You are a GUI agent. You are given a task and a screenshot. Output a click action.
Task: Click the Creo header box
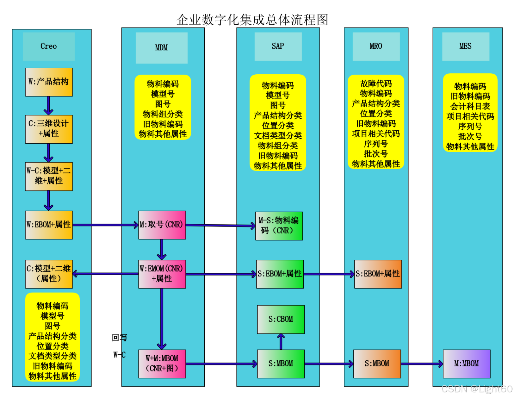tap(49, 46)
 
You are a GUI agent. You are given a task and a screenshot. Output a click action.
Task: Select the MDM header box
tap(162, 48)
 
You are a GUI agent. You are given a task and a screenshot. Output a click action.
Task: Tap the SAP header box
tap(278, 46)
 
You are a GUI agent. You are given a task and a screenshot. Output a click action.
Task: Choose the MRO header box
tap(376, 46)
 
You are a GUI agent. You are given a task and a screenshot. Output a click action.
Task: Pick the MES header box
tap(465, 46)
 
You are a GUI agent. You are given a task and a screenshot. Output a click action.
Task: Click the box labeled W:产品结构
tap(49, 82)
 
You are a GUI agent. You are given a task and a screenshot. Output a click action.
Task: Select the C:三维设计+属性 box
tap(49, 129)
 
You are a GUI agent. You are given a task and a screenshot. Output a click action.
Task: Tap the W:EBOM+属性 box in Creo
tap(49, 225)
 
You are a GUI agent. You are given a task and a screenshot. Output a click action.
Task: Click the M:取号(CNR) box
tap(162, 225)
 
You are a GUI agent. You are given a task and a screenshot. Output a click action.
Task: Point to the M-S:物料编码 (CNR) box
tap(279, 226)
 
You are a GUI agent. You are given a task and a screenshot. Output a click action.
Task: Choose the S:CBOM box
tap(281, 319)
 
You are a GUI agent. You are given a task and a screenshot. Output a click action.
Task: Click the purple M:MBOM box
tap(466, 364)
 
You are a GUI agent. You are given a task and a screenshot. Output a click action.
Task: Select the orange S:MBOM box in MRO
tap(377, 364)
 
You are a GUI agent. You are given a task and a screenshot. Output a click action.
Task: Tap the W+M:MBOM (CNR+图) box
tap(162, 364)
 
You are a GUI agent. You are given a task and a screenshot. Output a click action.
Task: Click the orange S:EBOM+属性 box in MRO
tap(378, 274)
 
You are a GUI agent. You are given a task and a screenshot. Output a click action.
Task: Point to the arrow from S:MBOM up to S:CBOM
tap(281, 342)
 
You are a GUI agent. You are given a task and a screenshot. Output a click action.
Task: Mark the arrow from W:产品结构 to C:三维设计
tap(49, 106)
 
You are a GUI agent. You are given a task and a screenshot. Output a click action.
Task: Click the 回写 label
tap(120, 338)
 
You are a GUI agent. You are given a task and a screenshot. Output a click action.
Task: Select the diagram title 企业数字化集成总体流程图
tap(252, 20)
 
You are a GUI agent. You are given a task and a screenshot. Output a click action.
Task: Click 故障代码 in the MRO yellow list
tap(376, 84)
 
